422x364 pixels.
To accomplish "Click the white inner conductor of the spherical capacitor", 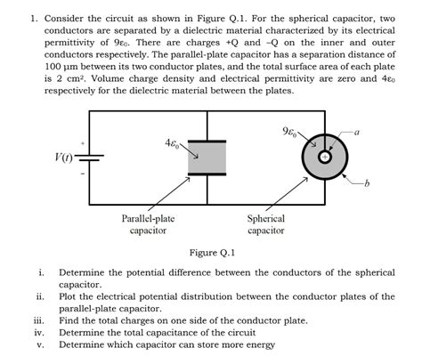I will (x=325, y=157).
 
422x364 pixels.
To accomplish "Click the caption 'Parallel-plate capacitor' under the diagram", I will (x=148, y=224).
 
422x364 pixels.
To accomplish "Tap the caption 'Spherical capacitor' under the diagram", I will (x=265, y=224).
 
